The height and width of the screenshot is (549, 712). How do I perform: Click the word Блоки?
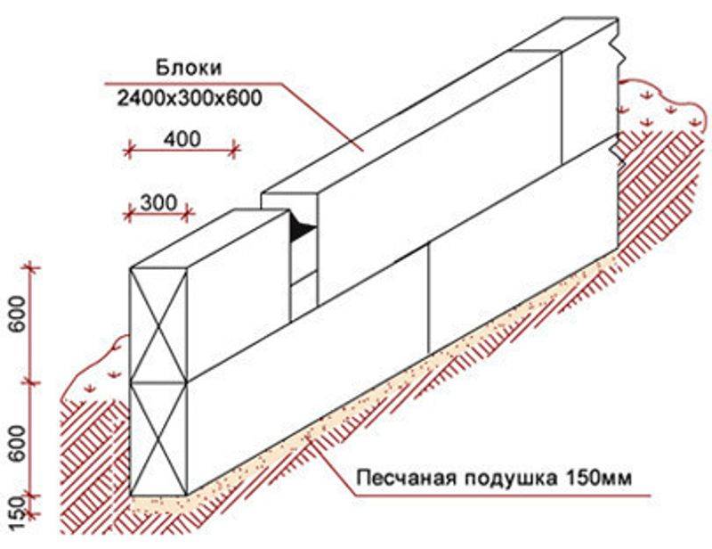point(189,68)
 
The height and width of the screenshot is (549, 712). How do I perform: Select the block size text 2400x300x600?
point(190,98)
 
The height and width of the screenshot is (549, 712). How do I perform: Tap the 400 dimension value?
point(182,139)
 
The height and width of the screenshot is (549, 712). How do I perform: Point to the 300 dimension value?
point(158,202)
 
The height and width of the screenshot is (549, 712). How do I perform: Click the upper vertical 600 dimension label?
point(18,314)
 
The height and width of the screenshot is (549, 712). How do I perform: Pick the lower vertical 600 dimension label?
point(18,444)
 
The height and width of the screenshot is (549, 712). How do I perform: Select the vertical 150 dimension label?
point(18,513)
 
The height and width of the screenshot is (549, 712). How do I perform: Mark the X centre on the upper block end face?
point(158,325)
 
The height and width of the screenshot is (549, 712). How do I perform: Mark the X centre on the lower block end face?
point(158,438)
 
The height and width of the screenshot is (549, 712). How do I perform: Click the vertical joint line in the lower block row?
point(429,298)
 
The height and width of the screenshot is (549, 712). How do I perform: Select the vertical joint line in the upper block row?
point(562,107)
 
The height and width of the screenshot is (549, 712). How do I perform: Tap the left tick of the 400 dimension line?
point(128,149)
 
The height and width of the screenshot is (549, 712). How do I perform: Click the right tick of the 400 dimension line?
point(234,149)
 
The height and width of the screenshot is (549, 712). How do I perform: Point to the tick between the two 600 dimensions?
point(31,382)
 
